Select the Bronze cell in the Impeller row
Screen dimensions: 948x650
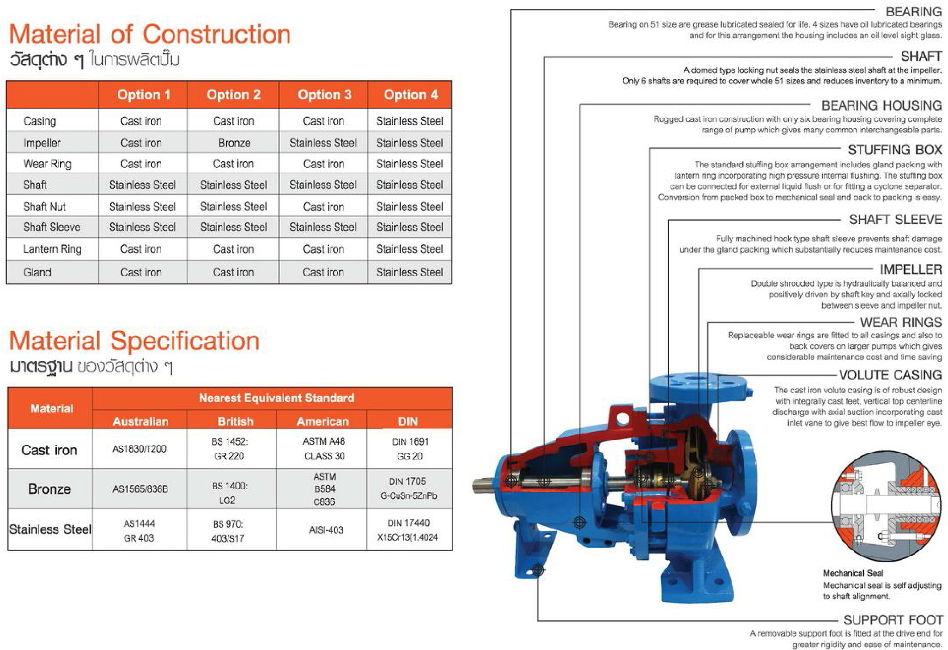[x=234, y=143]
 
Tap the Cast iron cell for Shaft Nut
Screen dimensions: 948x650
[x=324, y=207]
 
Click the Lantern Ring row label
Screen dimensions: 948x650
[x=52, y=249]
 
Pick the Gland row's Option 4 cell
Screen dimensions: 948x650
[x=410, y=272]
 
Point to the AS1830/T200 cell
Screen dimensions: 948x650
[x=139, y=449]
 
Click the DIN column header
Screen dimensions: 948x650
[x=408, y=421]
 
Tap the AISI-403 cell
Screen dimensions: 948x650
[x=326, y=530]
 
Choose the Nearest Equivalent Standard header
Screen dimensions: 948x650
[x=276, y=398]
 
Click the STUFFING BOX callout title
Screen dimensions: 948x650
[x=895, y=150]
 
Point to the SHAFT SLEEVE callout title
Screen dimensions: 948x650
[x=895, y=220]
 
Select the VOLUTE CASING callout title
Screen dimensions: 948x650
[x=890, y=374]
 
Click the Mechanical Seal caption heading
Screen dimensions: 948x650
[x=853, y=573]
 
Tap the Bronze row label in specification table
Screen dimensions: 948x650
[x=49, y=489]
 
